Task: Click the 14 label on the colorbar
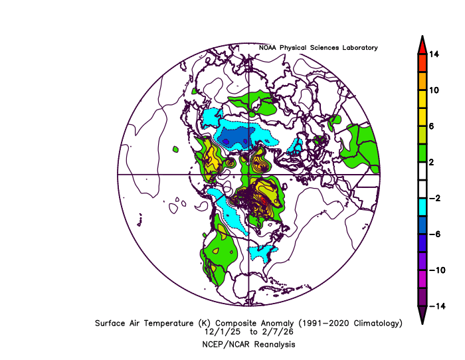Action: pos(434,54)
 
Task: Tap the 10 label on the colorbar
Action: pos(434,90)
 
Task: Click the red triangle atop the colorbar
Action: pos(422,45)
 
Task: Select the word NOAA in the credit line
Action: pos(270,48)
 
